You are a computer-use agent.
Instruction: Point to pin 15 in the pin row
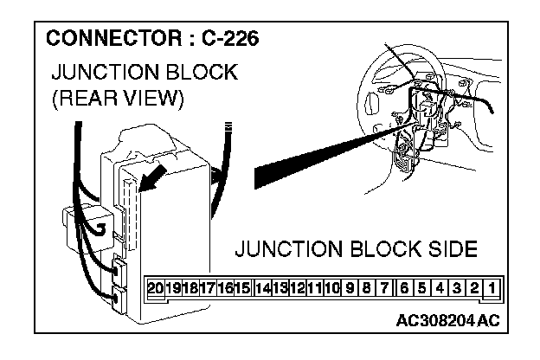[x=242, y=287]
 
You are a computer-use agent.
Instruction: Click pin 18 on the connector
[x=190, y=287]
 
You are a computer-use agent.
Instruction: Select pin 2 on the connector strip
[x=474, y=287]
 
